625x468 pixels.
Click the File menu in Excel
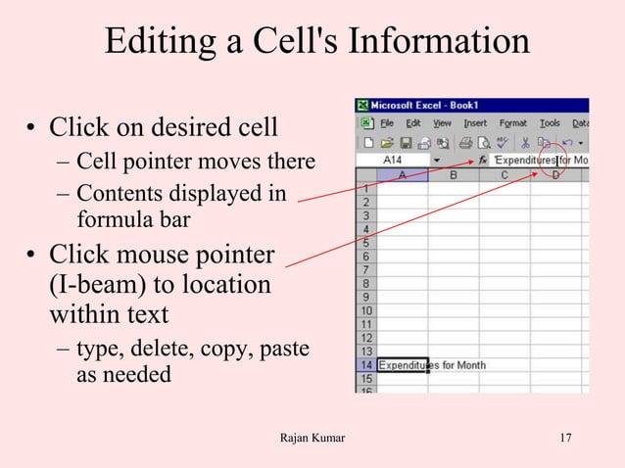[387, 123]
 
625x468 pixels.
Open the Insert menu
[475, 123]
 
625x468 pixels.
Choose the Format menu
[513, 123]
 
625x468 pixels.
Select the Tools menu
[551, 123]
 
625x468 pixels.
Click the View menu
[443, 123]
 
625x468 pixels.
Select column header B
[453, 175]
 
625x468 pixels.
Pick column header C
[505, 175]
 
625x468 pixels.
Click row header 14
[365, 365]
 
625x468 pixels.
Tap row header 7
[365, 268]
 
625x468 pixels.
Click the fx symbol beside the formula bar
[483, 160]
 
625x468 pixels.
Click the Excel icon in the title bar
[361, 106]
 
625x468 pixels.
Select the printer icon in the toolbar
[438, 142]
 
